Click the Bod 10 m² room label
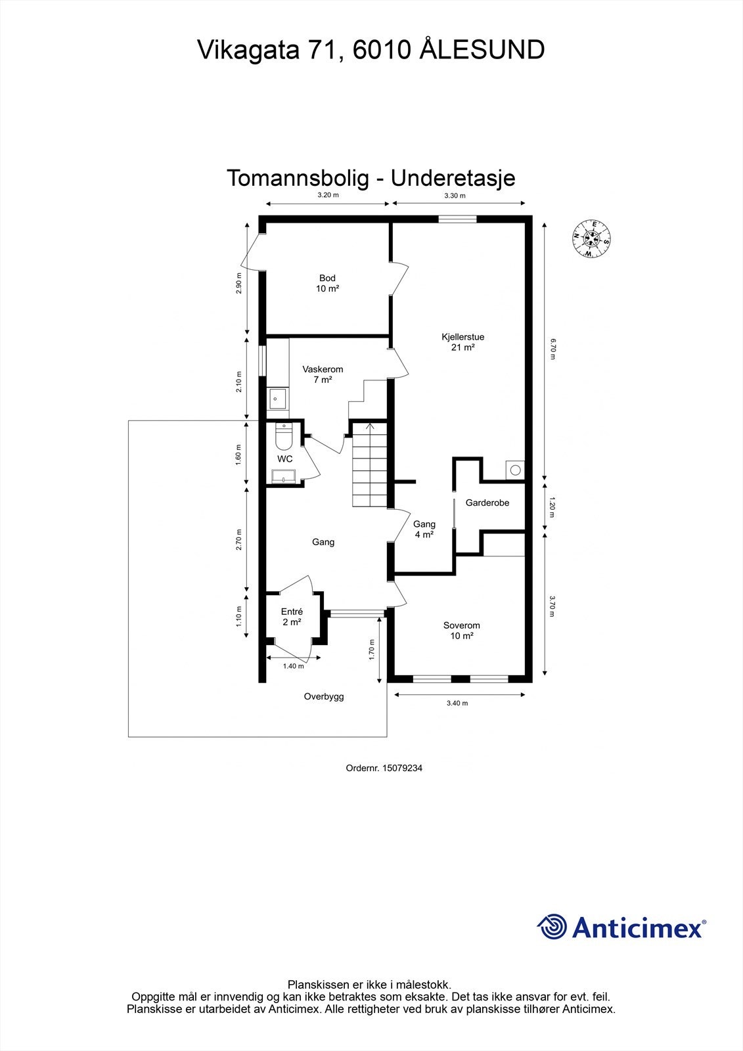click(327, 283)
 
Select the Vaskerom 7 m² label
click(323, 374)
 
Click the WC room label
click(284, 459)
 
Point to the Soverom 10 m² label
click(461, 631)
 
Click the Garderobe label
click(487, 503)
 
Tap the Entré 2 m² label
click(292, 617)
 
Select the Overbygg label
click(323, 697)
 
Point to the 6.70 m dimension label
click(553, 347)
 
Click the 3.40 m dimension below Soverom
click(457, 704)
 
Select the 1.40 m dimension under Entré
click(293, 666)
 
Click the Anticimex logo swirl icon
click(552, 927)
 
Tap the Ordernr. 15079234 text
click(384, 767)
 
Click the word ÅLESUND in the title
click(482, 50)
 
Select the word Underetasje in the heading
click(453, 178)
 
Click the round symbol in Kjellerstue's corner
click(515, 470)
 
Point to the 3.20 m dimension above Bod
click(328, 195)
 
